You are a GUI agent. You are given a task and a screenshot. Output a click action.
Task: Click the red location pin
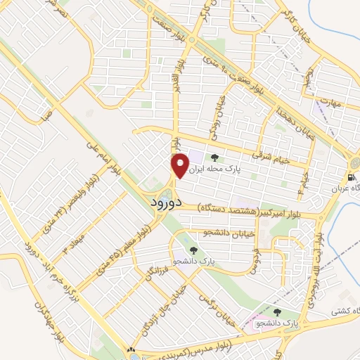[180, 165]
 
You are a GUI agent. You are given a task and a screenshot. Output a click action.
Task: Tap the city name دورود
[167, 202]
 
